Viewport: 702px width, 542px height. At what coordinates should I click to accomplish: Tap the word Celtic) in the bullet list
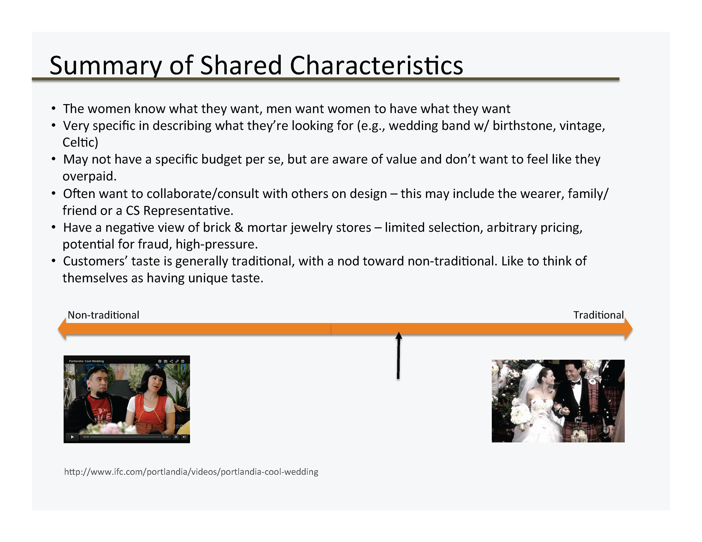click(x=80, y=142)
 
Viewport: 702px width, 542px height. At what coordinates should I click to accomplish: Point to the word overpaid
click(x=90, y=176)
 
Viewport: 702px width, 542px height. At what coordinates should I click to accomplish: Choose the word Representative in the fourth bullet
click(x=188, y=210)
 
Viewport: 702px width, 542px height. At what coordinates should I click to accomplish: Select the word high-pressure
click(x=217, y=244)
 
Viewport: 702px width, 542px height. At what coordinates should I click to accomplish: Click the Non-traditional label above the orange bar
click(x=103, y=315)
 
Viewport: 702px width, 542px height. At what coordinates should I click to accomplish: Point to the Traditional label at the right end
click(x=599, y=315)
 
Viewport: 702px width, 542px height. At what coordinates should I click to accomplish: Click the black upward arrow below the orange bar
click(x=399, y=355)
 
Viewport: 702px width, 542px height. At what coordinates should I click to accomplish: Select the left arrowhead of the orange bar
click(x=63, y=329)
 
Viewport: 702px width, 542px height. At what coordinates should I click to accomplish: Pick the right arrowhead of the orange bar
click(x=629, y=329)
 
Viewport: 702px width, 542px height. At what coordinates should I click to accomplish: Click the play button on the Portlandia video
click(x=72, y=437)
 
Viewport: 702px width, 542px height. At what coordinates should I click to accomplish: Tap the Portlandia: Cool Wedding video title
click(x=86, y=361)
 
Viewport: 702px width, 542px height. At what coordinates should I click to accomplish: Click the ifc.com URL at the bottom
click(x=191, y=472)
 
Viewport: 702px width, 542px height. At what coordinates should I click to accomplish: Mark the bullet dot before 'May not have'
click(x=54, y=159)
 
